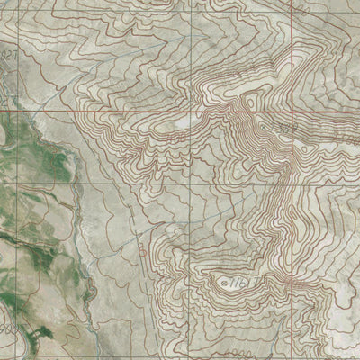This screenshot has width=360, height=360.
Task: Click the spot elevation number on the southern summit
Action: tap(237, 283)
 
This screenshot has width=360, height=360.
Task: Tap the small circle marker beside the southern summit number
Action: tap(222, 282)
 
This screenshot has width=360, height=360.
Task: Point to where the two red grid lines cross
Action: tap(292, 112)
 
